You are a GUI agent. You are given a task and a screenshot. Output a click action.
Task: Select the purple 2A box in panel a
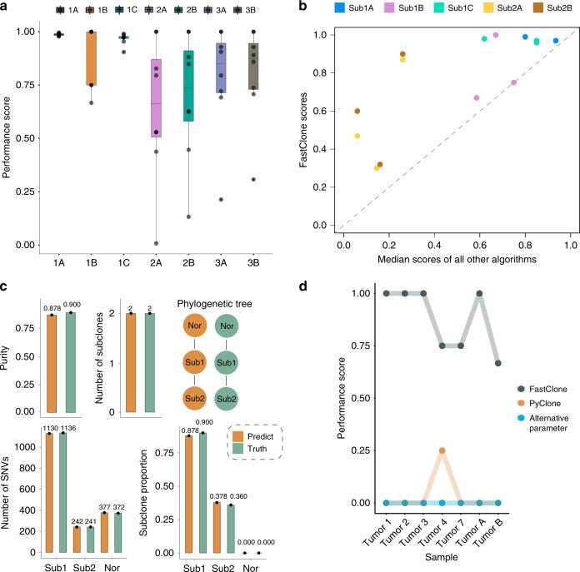(155, 98)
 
